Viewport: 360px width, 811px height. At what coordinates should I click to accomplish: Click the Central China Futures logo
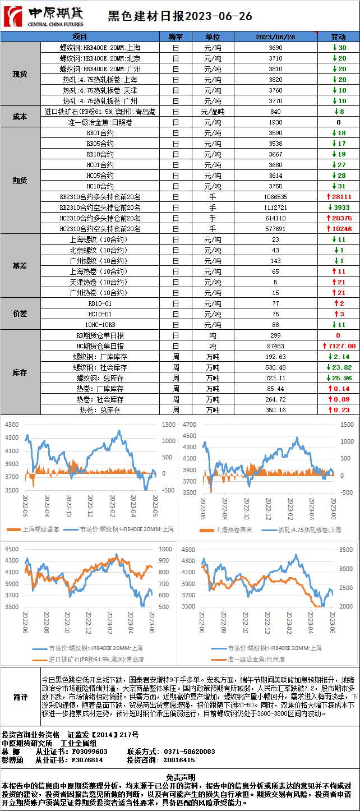tap(44, 16)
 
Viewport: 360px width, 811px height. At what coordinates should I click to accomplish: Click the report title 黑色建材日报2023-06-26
tap(179, 16)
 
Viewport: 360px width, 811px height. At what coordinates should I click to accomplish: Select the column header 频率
tap(176, 36)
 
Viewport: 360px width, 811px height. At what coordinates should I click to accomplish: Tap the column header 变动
tap(339, 36)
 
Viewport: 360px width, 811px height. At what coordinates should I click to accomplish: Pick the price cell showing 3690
tap(275, 48)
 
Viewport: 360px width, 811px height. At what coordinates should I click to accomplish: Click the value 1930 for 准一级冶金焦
tap(275, 122)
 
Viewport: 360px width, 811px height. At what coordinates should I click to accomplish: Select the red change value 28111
tap(339, 197)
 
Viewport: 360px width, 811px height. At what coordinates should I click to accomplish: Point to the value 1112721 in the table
tap(275, 208)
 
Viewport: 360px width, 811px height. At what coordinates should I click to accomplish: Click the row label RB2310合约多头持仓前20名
tap(100, 197)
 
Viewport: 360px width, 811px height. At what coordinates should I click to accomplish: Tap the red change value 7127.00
tap(339, 346)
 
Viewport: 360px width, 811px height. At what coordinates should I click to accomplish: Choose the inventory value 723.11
tap(275, 378)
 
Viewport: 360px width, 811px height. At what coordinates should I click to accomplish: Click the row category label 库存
tap(20, 372)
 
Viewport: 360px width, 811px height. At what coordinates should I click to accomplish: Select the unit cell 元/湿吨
tap(213, 112)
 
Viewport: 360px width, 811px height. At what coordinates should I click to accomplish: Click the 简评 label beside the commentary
tap(20, 697)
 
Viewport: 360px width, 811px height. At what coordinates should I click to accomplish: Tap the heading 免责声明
tap(180, 777)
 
